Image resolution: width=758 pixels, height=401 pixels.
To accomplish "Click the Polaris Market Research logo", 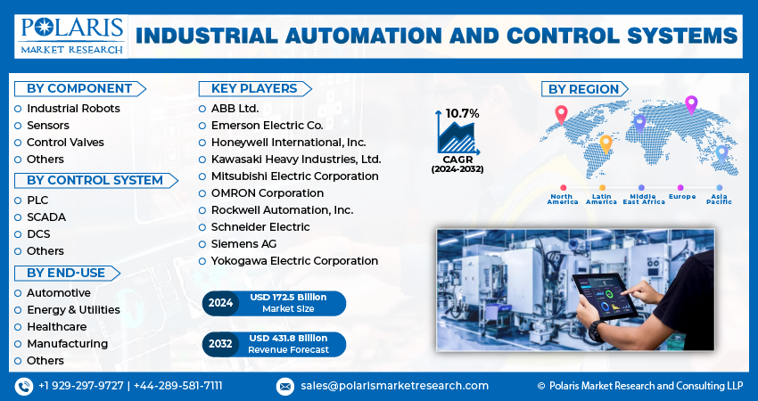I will pyautogui.click(x=70, y=35).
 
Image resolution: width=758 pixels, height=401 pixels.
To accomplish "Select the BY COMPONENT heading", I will pyautogui.click(x=78, y=88).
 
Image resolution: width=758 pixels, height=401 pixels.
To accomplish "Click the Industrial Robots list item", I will pyautogui.click(x=73, y=108).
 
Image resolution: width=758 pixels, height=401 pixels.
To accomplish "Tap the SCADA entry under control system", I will pyautogui.click(x=45, y=217).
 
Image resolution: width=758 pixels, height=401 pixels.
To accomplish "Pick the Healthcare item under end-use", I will pyautogui.click(x=55, y=326).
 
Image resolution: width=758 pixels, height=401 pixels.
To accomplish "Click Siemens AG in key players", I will pyautogui.click(x=243, y=243).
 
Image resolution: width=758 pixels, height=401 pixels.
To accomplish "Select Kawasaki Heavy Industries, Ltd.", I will pyautogui.click(x=295, y=159).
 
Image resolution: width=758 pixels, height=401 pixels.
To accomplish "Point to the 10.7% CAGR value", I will pyautogui.click(x=462, y=113).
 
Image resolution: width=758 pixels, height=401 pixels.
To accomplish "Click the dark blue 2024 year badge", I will pyautogui.click(x=220, y=303).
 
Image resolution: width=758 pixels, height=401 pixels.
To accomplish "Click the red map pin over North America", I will pyautogui.click(x=561, y=114).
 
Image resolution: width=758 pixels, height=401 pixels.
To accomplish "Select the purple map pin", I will pyautogui.click(x=690, y=104).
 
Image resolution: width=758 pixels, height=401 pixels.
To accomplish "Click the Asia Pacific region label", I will pyautogui.click(x=719, y=199).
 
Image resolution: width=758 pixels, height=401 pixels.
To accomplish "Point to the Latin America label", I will pyautogui.click(x=601, y=199).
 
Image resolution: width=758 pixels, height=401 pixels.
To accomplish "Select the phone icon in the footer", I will pyautogui.click(x=24, y=386).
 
